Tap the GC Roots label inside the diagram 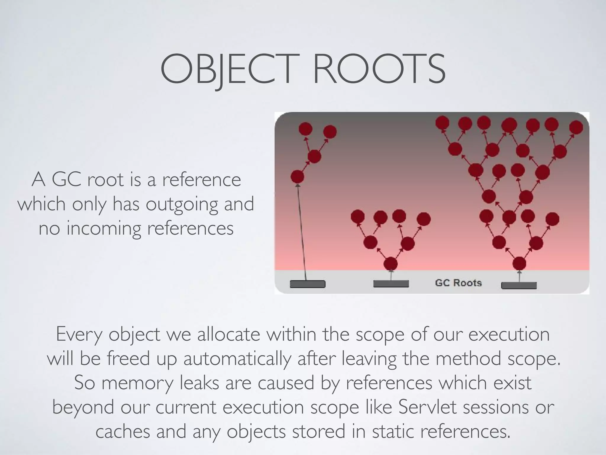coord(458,283)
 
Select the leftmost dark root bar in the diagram coord(307,284)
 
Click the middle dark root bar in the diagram coord(391,284)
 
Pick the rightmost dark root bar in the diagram coord(519,286)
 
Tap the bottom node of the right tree coord(519,263)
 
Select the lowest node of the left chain coord(297,177)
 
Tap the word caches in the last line coord(123,431)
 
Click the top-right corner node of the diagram coord(576,127)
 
